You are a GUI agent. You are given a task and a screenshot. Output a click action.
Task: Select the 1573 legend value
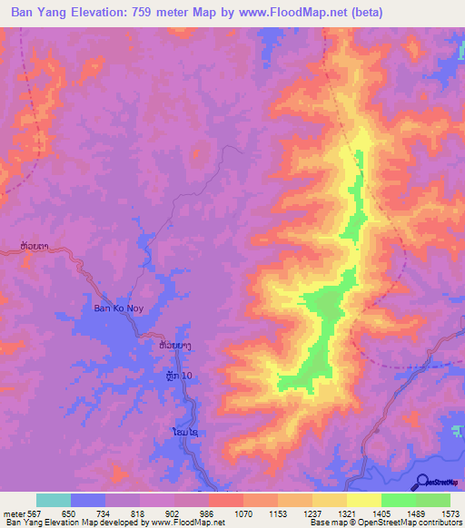(450, 513)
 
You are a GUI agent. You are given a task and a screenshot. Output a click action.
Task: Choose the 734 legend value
(105, 513)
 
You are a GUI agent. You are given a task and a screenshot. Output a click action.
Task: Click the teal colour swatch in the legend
(54, 500)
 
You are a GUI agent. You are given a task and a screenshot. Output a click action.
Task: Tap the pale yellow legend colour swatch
(363, 500)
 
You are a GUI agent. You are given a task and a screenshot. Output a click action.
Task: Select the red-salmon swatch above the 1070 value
(226, 500)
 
